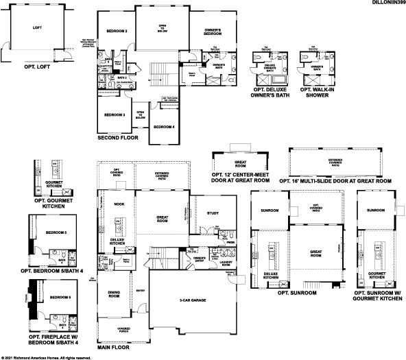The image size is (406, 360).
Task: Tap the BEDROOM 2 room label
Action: (117, 32)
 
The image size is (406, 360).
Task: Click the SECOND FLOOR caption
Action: (118, 138)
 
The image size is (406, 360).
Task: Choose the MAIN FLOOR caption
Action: (113, 348)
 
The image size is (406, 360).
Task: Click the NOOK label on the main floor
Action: (119, 204)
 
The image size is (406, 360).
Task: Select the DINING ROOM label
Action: (114, 295)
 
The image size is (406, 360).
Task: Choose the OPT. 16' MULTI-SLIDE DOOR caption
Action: (335, 181)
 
